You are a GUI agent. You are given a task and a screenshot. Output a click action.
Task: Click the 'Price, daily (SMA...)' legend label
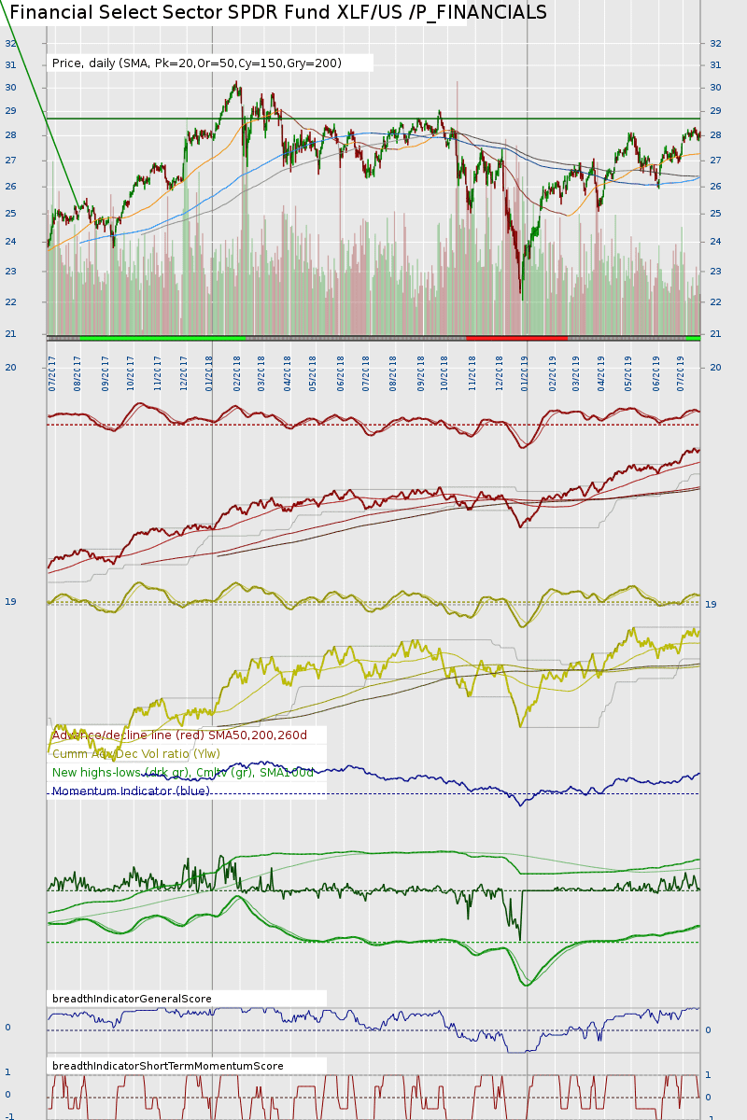(197, 63)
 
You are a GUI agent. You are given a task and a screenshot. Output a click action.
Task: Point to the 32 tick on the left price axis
(10, 43)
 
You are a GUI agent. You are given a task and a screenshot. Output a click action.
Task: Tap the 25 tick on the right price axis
(715, 214)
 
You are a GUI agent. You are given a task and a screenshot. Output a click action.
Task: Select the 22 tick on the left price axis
(10, 302)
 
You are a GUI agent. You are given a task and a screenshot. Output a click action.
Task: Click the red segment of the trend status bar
(516, 337)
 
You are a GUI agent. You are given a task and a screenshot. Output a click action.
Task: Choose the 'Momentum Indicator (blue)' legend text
(131, 791)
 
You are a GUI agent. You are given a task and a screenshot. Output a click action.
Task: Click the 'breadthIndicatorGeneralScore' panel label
(132, 999)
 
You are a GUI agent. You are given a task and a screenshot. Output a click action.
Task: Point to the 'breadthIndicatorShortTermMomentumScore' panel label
(168, 1066)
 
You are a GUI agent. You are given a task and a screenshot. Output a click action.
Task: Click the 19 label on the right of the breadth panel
(711, 605)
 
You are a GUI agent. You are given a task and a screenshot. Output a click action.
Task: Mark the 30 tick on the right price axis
(715, 88)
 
